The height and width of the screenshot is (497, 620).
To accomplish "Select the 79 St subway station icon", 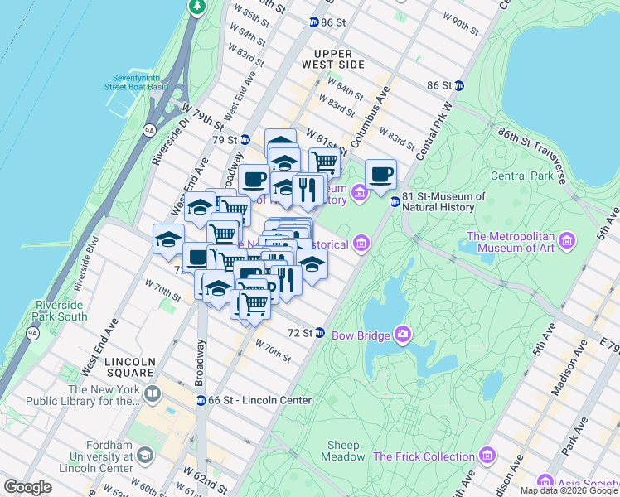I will [245, 139].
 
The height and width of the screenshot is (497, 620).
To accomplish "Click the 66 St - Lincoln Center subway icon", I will [201, 400].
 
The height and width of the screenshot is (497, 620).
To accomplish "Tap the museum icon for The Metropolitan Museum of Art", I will [567, 240].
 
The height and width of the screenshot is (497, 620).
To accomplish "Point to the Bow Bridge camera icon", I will [403, 335].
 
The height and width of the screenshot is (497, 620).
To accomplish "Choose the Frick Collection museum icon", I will [487, 456].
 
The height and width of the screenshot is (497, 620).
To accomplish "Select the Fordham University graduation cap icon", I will [146, 455].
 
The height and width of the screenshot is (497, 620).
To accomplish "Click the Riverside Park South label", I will [61, 311].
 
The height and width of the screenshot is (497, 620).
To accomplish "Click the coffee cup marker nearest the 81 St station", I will [380, 175].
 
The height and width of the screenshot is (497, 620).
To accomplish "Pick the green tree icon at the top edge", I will [196, 7].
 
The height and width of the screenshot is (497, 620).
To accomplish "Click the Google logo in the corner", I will [27, 487].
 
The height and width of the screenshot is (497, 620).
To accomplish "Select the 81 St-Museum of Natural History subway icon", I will [395, 202].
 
